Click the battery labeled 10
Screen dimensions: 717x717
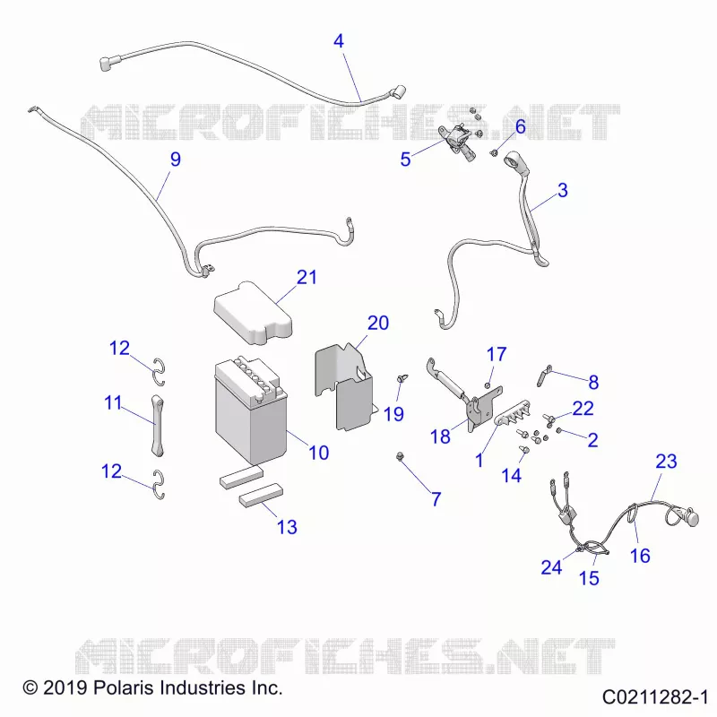coord(251,410)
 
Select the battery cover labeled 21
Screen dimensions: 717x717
coord(253,313)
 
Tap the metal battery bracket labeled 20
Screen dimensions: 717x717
coord(343,386)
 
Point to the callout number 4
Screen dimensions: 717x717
coord(339,41)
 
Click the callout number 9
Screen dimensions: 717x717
coord(176,160)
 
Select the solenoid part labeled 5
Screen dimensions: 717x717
coord(458,142)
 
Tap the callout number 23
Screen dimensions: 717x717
coord(666,461)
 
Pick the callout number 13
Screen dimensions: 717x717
coord(287,527)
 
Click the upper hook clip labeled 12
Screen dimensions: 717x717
coord(159,371)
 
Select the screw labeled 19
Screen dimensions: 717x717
coord(402,378)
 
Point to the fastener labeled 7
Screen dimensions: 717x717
coord(400,456)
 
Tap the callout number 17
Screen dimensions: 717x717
coord(497,354)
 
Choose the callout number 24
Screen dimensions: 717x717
coord(551,567)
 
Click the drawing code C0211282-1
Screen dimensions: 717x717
coord(655,697)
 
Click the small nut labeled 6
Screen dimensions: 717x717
coord(494,152)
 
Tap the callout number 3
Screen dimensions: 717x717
coord(563,190)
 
